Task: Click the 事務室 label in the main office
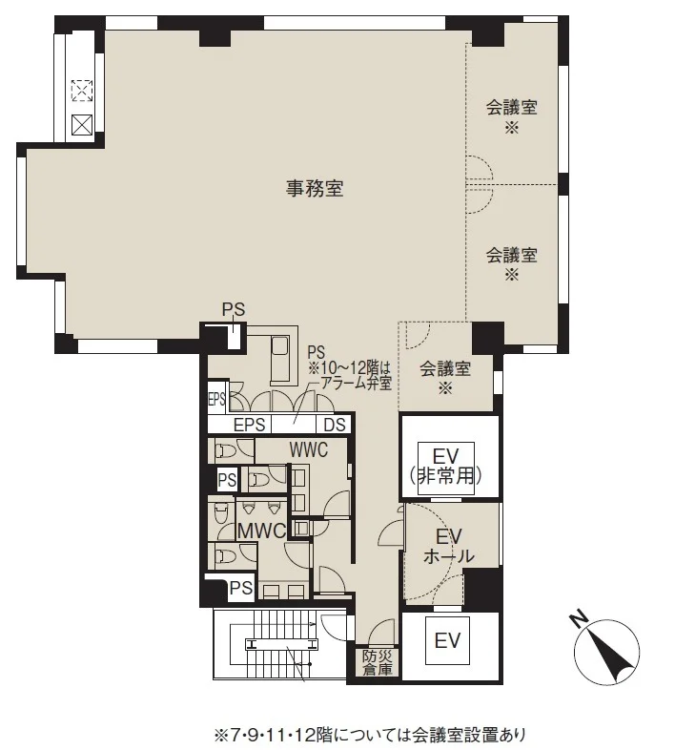coord(315,189)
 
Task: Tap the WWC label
coord(309,449)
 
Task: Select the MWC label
coord(262,531)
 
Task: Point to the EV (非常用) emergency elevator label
coord(445,466)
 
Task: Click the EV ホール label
coord(449,546)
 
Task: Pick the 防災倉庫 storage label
coord(378,662)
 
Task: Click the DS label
coord(334,425)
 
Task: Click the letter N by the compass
coord(579,620)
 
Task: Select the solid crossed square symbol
coord(82,125)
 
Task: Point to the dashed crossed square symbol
coord(82,91)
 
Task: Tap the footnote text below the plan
coord(370,735)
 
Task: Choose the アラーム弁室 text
coord(357,383)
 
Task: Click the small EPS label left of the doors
coord(216,399)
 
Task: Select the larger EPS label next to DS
coord(249,425)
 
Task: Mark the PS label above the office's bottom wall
coord(234,309)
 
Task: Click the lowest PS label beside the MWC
coord(241,588)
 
